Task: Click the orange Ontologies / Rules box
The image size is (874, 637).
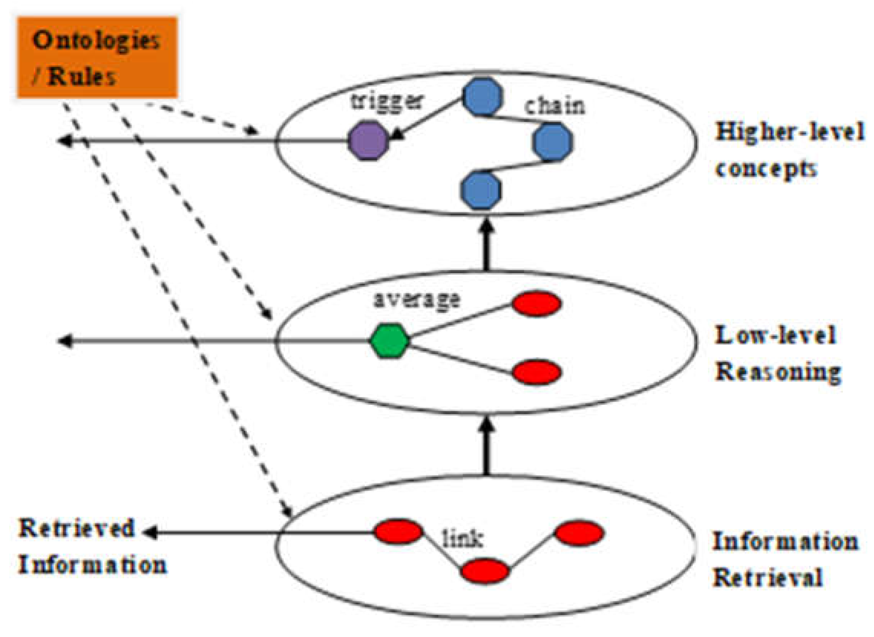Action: click(x=97, y=57)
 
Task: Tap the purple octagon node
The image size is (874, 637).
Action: click(x=368, y=141)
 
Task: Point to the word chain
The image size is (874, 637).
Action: click(x=554, y=106)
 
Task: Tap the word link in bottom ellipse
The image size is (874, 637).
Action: click(x=463, y=539)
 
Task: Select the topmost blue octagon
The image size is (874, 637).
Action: click(x=483, y=97)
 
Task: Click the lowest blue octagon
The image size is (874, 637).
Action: click(x=481, y=190)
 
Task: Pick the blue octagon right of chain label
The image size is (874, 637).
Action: click(x=552, y=142)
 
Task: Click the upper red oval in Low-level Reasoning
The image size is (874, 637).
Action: click(x=536, y=303)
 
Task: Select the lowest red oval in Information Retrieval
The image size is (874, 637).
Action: click(x=485, y=571)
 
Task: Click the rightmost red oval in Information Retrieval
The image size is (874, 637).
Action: click(x=579, y=533)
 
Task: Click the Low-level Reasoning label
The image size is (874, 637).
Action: click(x=777, y=354)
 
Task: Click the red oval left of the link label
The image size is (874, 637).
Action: click(x=398, y=532)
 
